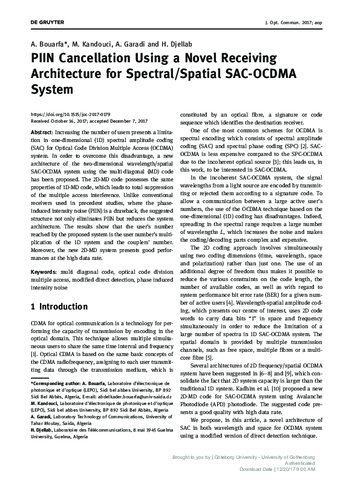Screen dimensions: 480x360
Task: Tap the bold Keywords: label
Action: coord(44,273)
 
